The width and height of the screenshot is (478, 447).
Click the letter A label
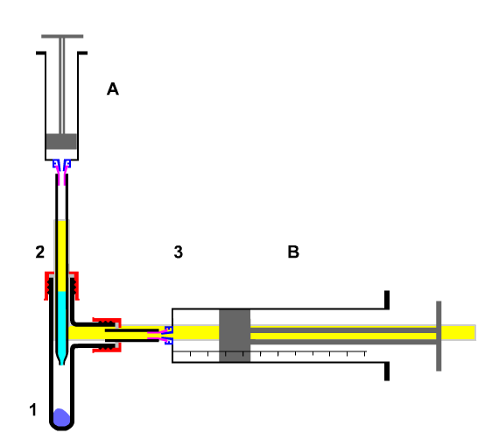tap(113, 89)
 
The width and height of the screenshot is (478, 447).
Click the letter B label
tap(293, 252)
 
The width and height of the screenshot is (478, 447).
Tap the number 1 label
tap(33, 409)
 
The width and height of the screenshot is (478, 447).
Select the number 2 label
tap(40, 252)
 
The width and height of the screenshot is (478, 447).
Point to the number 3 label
tap(179, 252)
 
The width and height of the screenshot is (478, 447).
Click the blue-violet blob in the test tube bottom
tap(61, 417)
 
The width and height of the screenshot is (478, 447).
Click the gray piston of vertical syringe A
tap(61, 142)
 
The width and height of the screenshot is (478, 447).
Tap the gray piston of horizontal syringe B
tap(235, 336)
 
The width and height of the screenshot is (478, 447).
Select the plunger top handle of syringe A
tap(62, 36)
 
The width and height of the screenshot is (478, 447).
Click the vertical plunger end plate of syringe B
tap(439, 336)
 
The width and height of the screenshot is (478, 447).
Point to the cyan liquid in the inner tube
tap(61, 323)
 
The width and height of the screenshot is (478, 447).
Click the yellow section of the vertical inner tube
tap(62, 256)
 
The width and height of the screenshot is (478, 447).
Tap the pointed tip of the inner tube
tap(62, 364)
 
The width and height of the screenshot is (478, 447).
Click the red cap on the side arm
tap(108, 335)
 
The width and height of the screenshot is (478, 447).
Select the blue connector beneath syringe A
tap(62, 164)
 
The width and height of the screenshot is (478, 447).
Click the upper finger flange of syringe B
tap(387, 300)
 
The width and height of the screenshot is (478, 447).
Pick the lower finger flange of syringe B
tap(387, 372)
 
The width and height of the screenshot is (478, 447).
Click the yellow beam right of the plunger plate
tap(459, 332)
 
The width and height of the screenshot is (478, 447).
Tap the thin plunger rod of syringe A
tap(62, 86)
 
